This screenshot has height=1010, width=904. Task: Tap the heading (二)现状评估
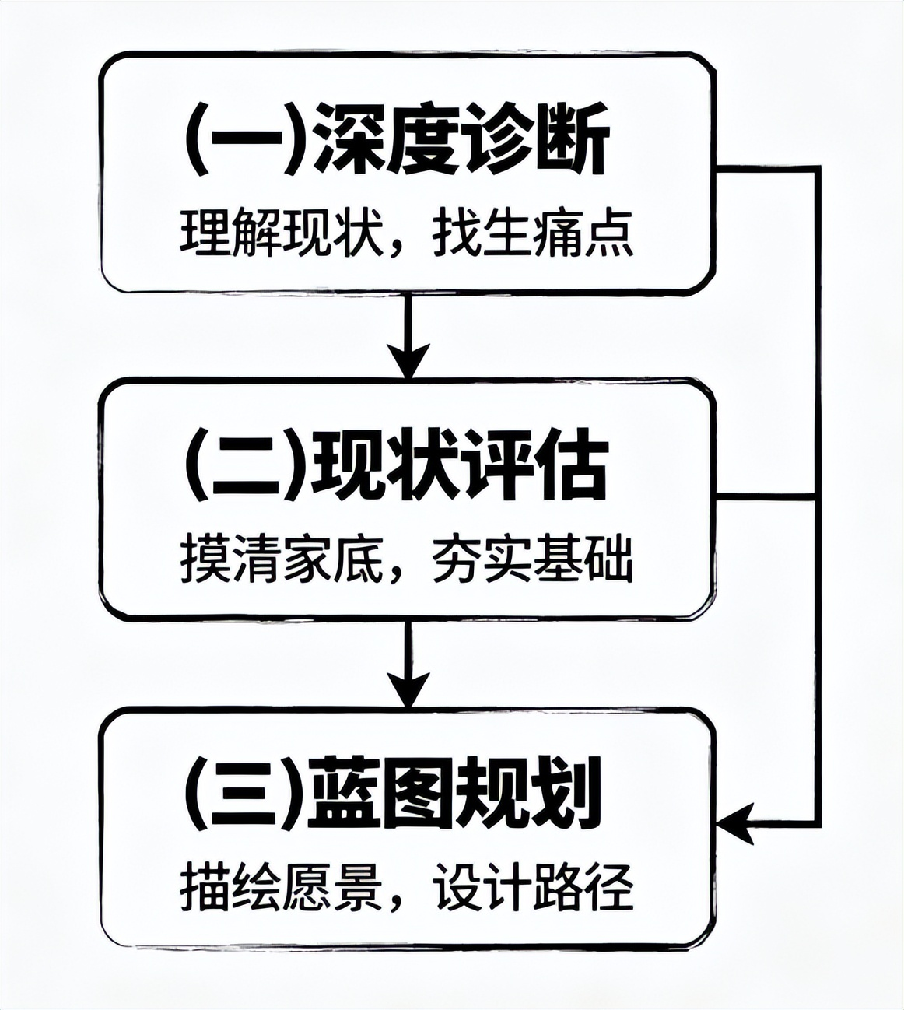[397, 469]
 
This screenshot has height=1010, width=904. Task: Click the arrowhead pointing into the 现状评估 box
[409, 359]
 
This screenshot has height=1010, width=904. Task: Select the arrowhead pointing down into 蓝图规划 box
[409, 688]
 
